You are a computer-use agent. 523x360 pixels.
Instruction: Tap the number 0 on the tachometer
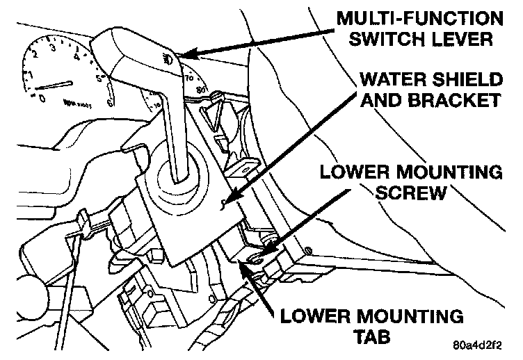tap(42, 98)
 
